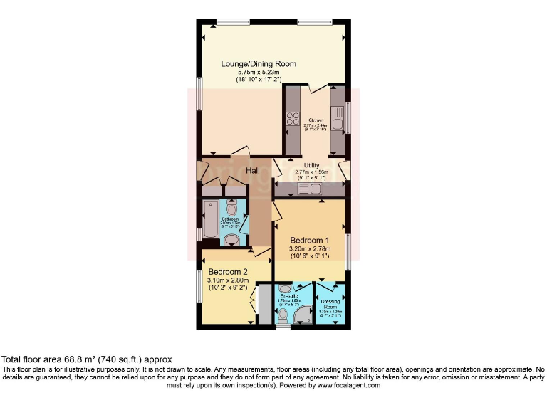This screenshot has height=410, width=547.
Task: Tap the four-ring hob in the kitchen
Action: [292, 120]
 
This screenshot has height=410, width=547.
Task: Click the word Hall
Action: [253, 171]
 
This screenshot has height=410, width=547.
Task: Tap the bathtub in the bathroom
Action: [211, 221]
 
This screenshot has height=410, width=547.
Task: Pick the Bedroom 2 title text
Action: [228, 271]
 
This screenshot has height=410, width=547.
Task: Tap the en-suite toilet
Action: [283, 315]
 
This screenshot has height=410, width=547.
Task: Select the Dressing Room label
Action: [332, 305]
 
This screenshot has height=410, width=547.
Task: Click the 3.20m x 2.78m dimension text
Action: [309, 249]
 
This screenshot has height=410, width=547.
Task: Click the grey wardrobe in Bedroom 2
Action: [264, 305]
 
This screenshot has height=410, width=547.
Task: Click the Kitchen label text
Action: [316, 120]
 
